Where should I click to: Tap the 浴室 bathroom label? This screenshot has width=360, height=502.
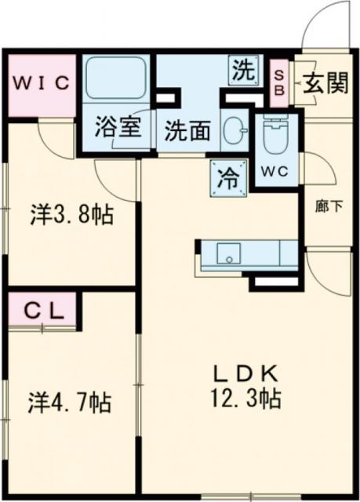[x=118, y=128]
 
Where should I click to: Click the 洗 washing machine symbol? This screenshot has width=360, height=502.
[x=242, y=71]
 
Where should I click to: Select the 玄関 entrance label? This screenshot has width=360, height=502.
[x=325, y=82]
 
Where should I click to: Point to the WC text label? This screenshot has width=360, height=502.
[x=277, y=170]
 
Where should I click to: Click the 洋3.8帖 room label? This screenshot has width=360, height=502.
[x=71, y=214]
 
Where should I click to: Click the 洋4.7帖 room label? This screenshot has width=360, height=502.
[x=70, y=403]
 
